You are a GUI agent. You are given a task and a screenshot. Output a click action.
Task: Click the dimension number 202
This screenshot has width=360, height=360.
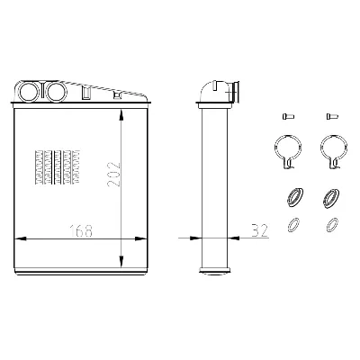click(x=113, y=174)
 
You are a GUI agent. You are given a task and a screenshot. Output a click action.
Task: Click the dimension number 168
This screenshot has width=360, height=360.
click(x=81, y=230)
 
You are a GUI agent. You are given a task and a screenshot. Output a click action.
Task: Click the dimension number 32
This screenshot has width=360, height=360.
click(x=259, y=230)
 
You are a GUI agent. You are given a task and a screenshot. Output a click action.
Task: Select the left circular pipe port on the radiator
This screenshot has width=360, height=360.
click(x=29, y=91)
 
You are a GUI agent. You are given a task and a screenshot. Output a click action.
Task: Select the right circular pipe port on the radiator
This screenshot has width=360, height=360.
click(x=57, y=91)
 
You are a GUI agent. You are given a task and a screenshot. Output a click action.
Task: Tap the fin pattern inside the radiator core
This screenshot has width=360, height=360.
click(x=58, y=166)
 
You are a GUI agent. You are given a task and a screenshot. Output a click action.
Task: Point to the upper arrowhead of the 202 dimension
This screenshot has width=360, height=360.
click(x=121, y=115)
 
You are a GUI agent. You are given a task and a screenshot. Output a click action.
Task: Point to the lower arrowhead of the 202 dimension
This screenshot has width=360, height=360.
click(x=121, y=261)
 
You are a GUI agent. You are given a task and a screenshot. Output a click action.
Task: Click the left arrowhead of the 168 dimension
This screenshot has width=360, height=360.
click(x=21, y=239)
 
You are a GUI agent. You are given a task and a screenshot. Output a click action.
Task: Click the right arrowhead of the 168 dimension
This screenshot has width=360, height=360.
click(x=140, y=239)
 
